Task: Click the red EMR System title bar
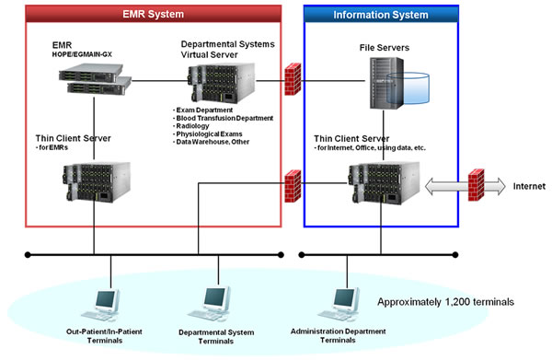152,14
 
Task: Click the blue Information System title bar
379,14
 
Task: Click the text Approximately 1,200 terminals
446,302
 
